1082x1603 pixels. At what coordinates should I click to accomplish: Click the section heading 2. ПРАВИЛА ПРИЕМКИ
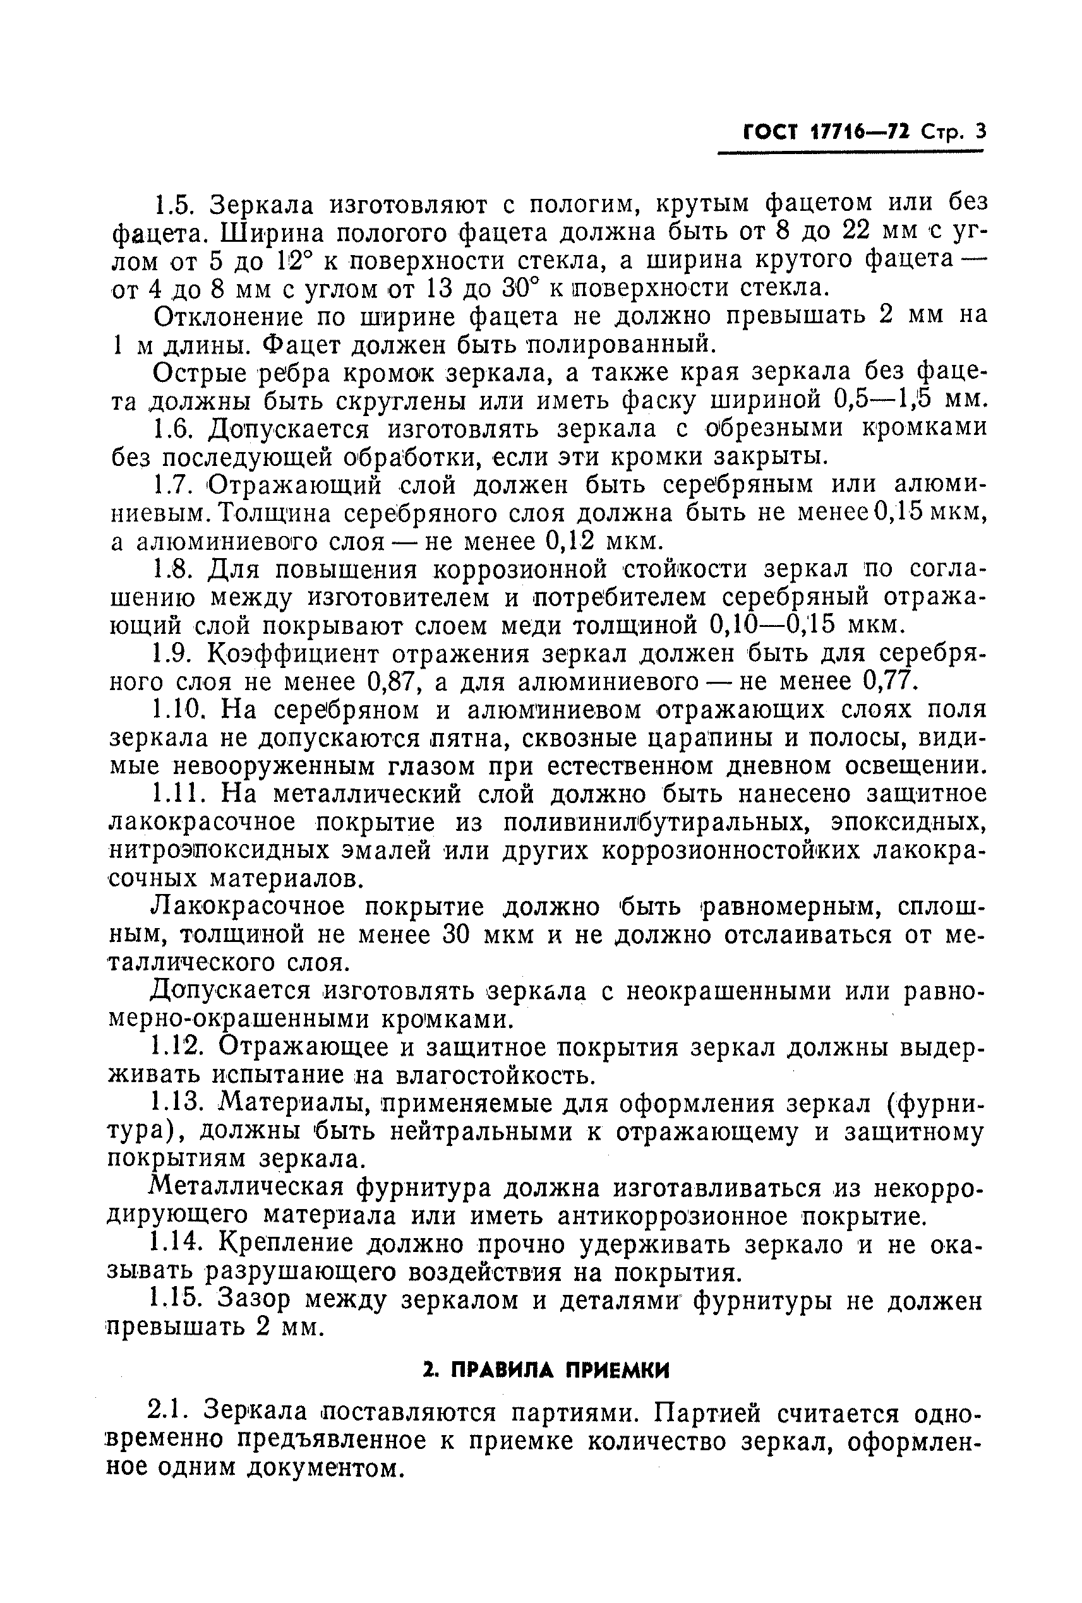coord(545,1370)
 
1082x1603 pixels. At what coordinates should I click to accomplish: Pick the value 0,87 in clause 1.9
coord(394,681)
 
